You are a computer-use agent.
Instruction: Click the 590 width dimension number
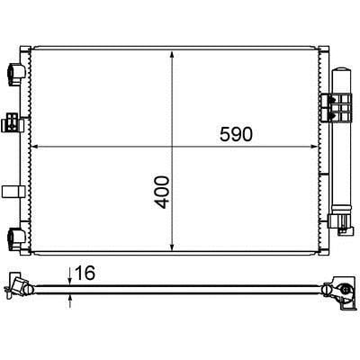pos(236,134)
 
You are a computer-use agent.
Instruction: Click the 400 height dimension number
pos(162,193)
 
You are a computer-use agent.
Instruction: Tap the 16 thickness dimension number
pos(85,273)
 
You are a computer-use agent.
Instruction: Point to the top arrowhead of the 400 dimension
pos(172,55)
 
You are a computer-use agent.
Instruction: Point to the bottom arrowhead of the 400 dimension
pos(172,247)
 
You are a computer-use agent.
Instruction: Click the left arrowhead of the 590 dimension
pos(35,147)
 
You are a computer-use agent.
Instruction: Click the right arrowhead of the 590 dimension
pos(313,147)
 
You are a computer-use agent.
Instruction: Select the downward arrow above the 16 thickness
pos(69,276)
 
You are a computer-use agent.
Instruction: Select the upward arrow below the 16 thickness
pos(70,301)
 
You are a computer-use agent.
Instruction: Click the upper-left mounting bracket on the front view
pos(16,73)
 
